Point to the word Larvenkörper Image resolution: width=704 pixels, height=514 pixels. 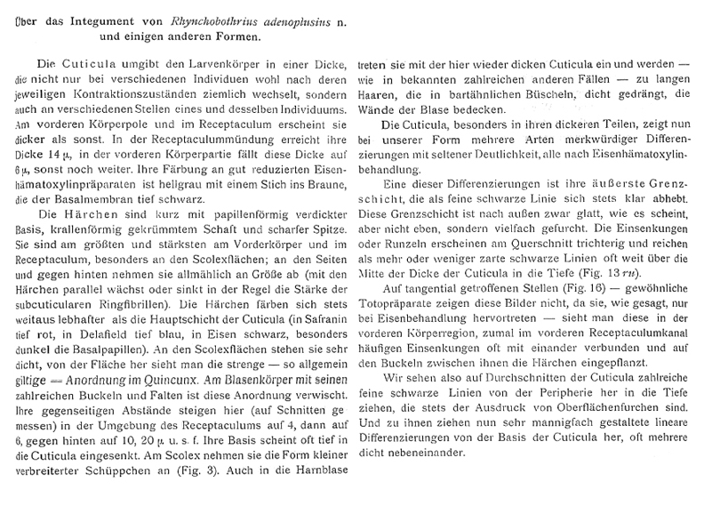click(196, 67)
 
